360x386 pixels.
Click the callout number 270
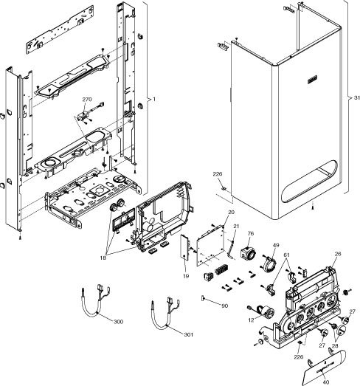click(87, 98)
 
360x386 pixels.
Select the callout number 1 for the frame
click(153, 99)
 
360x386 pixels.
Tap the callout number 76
click(249, 234)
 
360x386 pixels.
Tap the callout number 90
click(224, 306)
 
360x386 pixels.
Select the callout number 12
click(252, 320)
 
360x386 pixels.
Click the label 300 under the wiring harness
click(119, 323)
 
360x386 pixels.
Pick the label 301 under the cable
click(189, 334)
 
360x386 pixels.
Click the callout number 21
click(236, 225)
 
